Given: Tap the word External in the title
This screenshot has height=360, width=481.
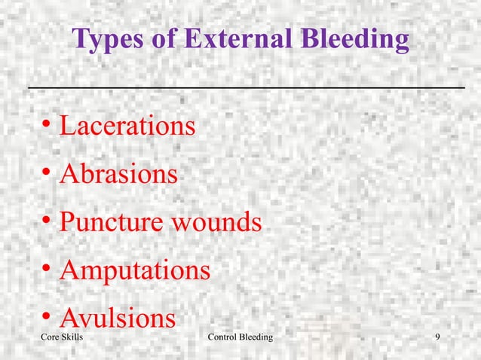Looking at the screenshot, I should tap(230, 39).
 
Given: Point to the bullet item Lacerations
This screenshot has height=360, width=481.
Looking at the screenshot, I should tap(127, 126).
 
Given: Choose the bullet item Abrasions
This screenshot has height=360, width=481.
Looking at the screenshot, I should tap(118, 175).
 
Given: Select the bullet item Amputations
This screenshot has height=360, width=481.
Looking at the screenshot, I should tap(134, 270).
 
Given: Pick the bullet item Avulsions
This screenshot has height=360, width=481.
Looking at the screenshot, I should tap(117, 318).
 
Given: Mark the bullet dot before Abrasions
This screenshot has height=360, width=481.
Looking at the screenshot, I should tap(47, 174).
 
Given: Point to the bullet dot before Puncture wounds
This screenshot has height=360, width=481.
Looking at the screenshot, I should tap(47, 222).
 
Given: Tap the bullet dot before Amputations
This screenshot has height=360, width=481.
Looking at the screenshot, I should tap(47, 270).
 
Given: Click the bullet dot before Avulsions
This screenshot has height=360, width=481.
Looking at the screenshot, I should tap(47, 317).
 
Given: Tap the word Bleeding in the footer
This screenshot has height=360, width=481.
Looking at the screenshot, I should tap(257, 347).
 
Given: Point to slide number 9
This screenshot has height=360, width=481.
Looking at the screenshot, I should tap(438, 347).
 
